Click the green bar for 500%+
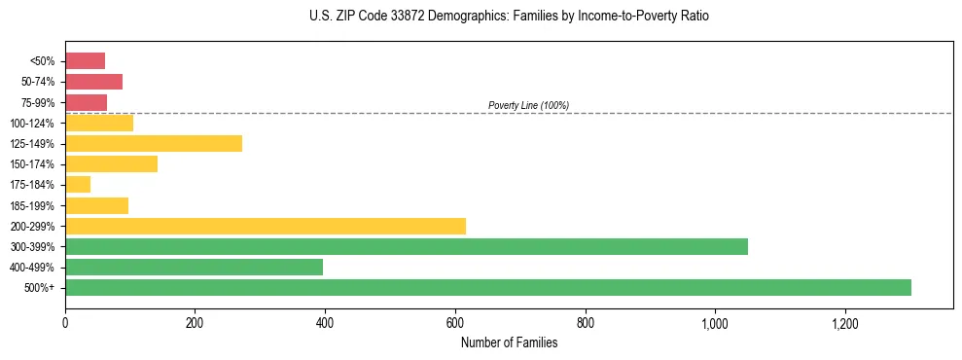487,288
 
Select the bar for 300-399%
406,247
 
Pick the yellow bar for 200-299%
265,227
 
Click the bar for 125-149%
153,144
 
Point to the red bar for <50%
85,61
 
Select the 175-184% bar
78,185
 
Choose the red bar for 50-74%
93,82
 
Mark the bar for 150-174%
111,164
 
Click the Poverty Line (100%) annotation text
528,105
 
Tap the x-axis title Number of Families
509,342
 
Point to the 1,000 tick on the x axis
715,322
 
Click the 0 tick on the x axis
65,322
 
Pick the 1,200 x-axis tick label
844,322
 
